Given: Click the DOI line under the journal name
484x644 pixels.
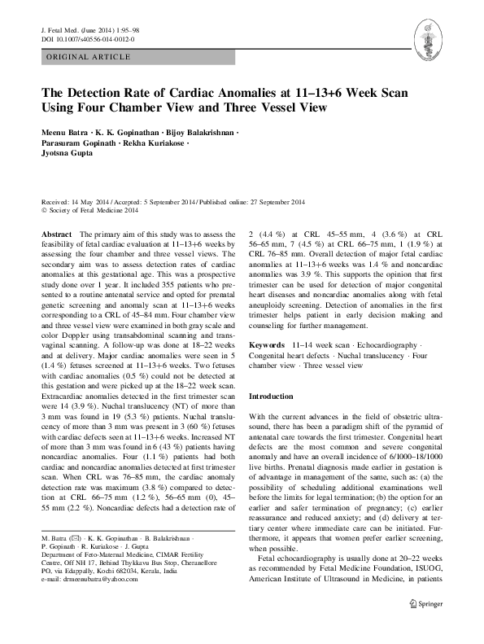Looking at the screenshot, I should pyautogui.click(x=87, y=38).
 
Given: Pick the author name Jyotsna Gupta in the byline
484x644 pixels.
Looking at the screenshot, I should pyautogui.click(x=69, y=160).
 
